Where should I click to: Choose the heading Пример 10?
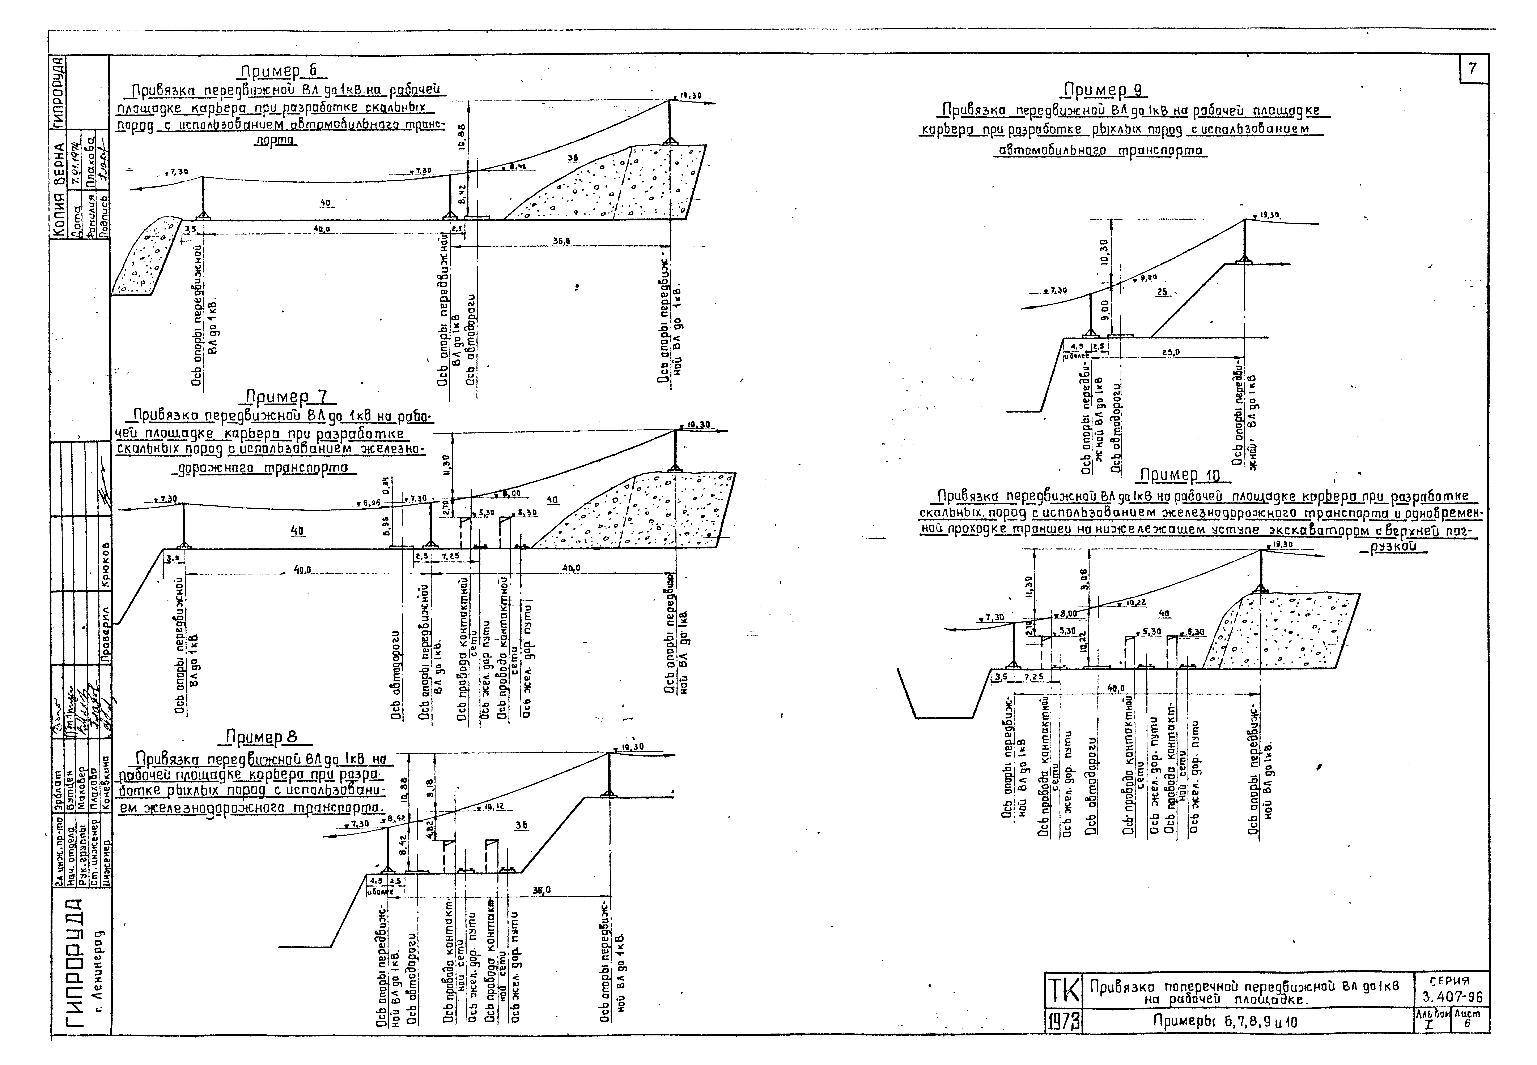coord(1180,475)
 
